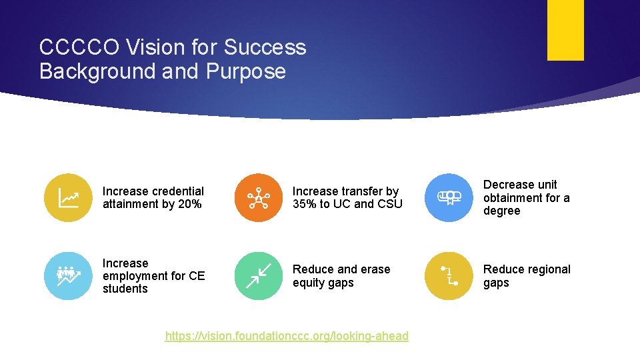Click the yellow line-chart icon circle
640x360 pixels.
pos(68,198)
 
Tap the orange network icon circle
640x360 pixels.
pos(258,198)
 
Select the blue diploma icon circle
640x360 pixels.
pos(449,197)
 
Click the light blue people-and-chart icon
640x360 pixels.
pos(68,276)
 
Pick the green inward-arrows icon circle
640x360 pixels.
pos(258,276)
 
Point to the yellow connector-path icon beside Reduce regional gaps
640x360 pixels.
pos(449,276)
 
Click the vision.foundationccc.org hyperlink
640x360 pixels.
pos(287,336)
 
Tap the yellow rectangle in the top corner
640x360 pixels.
pos(565,30)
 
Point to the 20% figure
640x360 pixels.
pos(189,205)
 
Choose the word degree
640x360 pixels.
pos(501,211)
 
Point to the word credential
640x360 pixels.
pos(175,191)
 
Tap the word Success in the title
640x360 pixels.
pos(265,48)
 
